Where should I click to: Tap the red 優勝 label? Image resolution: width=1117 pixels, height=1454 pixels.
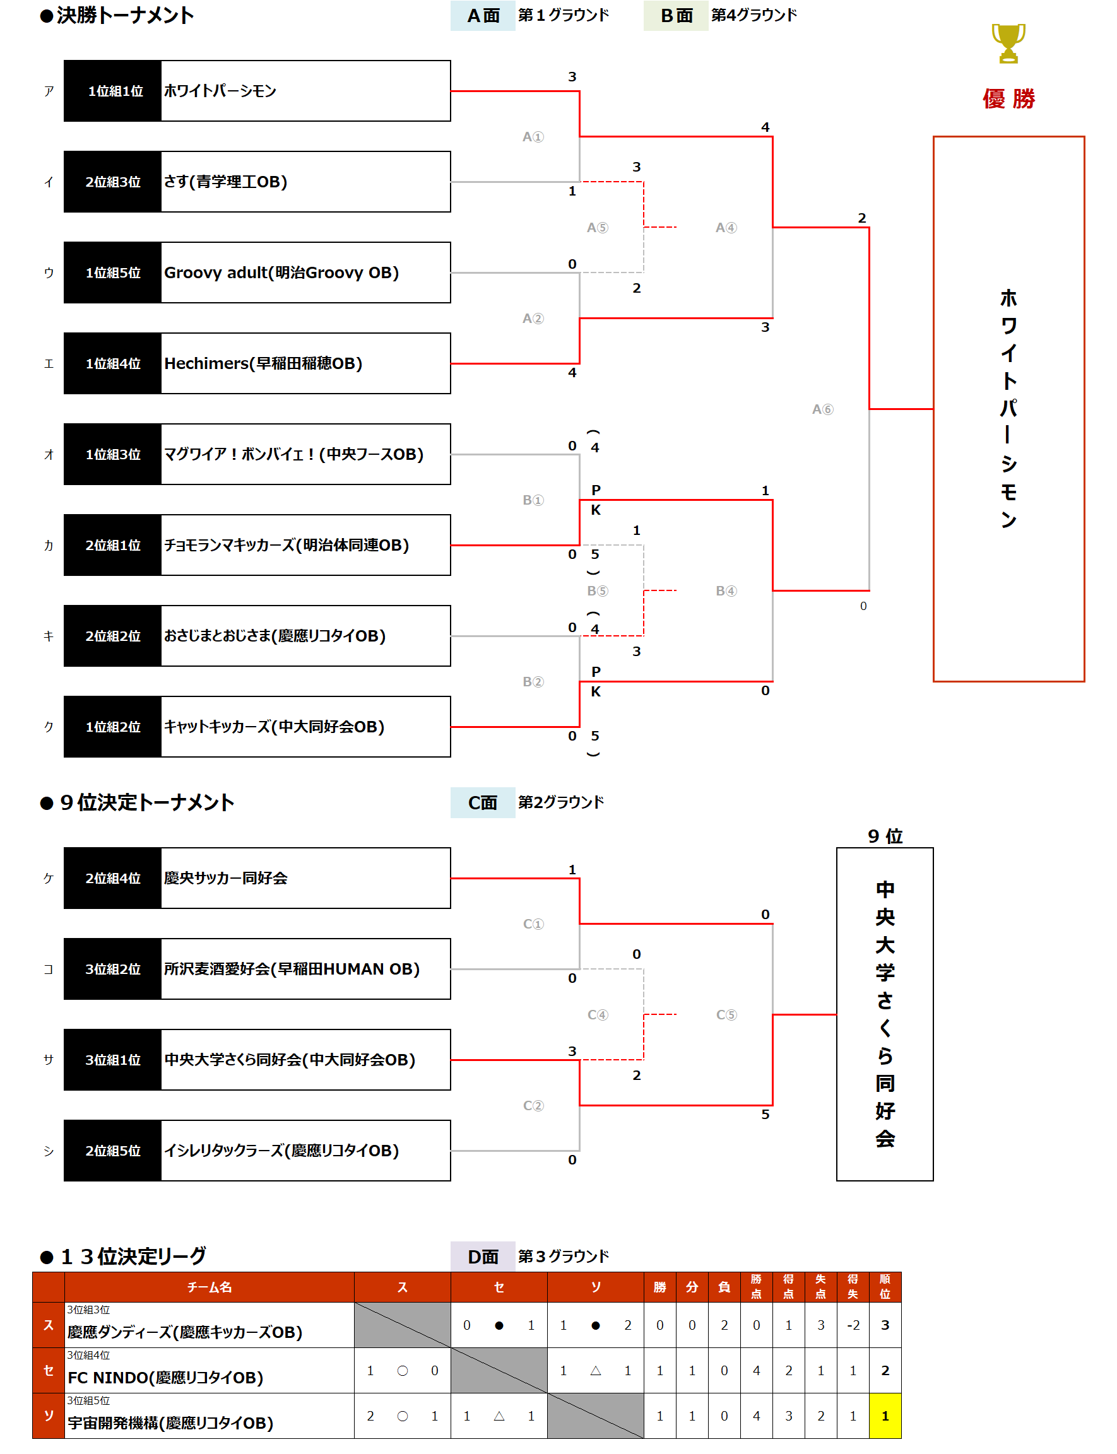click(x=1008, y=98)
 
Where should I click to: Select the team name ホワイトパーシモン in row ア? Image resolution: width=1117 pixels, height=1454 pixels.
click(x=220, y=91)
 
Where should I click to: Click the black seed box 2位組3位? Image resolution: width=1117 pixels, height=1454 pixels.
click(x=112, y=182)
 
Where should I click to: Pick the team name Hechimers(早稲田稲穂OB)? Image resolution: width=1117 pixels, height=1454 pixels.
click(x=263, y=363)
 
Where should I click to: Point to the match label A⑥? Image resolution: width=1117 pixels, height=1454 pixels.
click(x=822, y=409)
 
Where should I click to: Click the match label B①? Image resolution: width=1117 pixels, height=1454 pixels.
click(x=533, y=500)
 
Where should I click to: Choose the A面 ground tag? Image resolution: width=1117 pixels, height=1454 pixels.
click(x=483, y=15)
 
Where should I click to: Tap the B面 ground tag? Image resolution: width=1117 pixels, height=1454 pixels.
click(x=676, y=15)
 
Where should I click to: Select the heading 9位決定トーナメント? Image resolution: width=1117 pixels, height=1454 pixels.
click(x=146, y=802)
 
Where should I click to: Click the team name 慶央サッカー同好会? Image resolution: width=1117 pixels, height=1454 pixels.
click(x=225, y=878)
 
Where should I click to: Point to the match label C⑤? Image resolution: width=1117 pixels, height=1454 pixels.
click(x=726, y=1015)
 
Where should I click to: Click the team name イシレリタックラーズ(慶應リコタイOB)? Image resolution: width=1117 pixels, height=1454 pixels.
click(x=281, y=1151)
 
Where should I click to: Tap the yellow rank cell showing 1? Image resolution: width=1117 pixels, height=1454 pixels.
click(x=884, y=1416)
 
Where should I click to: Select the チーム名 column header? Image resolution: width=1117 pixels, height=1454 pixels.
click(x=209, y=1287)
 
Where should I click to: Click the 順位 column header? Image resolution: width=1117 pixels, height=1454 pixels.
click(x=884, y=1287)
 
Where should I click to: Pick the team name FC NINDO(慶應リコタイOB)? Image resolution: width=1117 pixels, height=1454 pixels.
click(x=165, y=1378)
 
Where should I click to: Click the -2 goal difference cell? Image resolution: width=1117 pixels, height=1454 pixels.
click(x=853, y=1325)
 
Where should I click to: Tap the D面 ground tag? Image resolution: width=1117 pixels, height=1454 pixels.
click(x=483, y=1257)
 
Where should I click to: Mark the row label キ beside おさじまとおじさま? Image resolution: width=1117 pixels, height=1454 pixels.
click(x=49, y=636)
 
